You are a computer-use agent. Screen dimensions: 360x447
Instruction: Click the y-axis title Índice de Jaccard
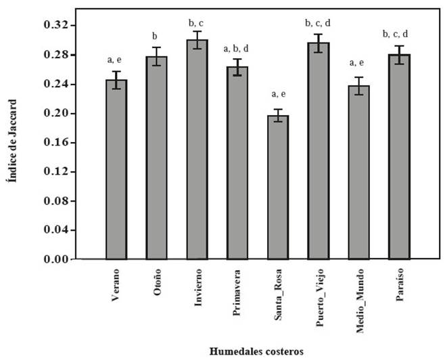click(x=15, y=142)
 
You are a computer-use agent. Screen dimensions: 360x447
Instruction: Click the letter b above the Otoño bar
click(x=155, y=36)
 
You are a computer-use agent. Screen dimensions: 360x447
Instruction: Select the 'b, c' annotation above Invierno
click(x=196, y=24)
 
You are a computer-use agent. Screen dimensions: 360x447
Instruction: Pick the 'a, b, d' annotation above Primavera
click(x=236, y=48)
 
